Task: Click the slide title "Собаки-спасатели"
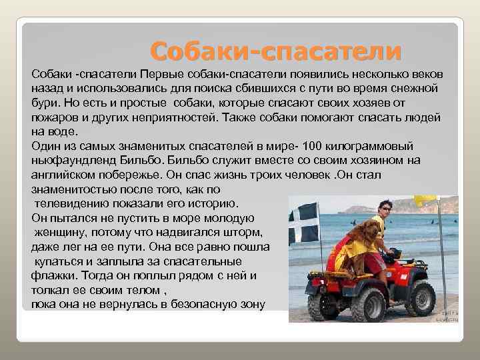275,50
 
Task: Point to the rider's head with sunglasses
383,207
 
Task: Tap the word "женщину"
61,232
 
